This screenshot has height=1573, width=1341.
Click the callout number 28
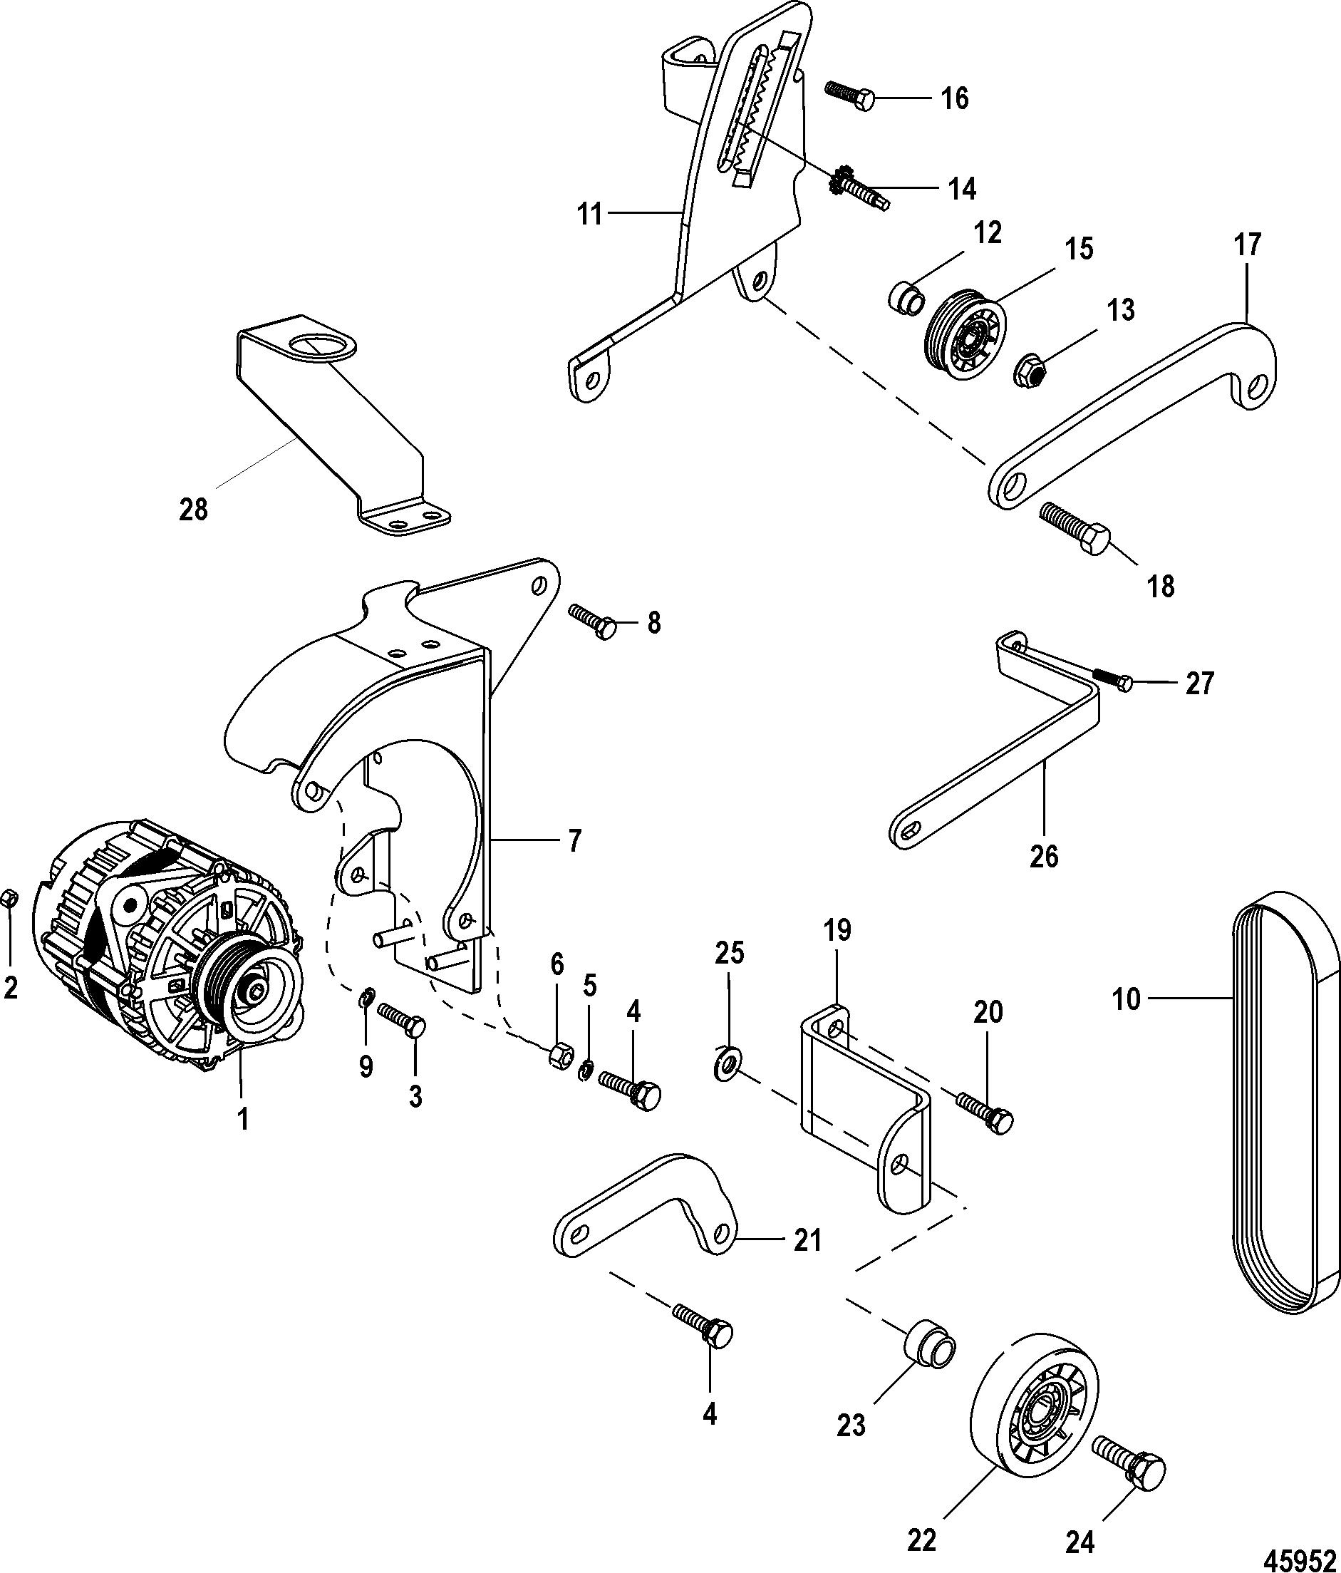[x=193, y=510]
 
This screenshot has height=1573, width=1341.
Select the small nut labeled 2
[x=10, y=899]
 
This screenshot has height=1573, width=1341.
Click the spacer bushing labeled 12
[x=906, y=296]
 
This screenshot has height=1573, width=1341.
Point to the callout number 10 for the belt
[x=1126, y=999]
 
